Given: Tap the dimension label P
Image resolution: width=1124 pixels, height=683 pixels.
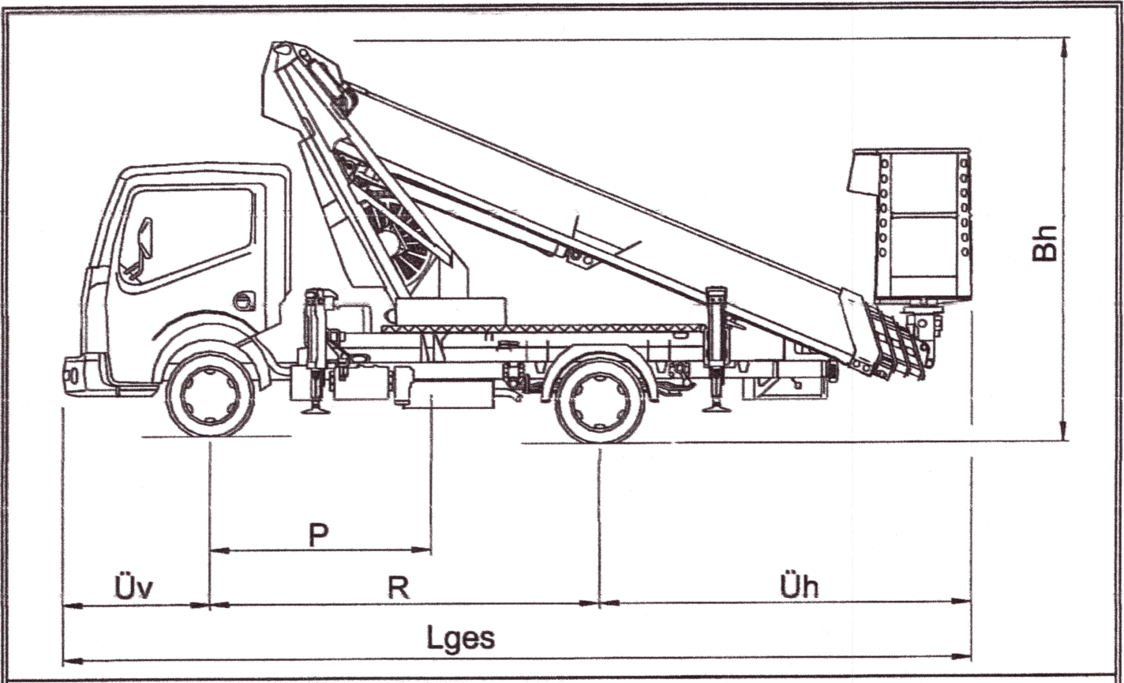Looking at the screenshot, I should pyautogui.click(x=318, y=536).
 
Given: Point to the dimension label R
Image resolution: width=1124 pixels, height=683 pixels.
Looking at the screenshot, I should pyautogui.click(x=399, y=587).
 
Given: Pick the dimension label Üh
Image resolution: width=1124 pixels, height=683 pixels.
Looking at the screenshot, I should pyautogui.click(x=799, y=587).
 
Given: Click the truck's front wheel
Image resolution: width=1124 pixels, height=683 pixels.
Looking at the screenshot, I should pyautogui.click(x=210, y=394).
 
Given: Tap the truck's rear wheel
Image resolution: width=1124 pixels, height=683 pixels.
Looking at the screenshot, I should pyautogui.click(x=601, y=401).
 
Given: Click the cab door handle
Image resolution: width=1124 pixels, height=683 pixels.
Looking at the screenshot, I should pyautogui.click(x=245, y=301).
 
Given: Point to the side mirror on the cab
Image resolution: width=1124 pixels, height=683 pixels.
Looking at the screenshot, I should pyautogui.click(x=145, y=239).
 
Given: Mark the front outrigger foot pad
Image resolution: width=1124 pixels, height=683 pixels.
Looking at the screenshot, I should pyautogui.click(x=316, y=409).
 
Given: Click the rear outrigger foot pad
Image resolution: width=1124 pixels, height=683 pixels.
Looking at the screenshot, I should pyautogui.click(x=717, y=407).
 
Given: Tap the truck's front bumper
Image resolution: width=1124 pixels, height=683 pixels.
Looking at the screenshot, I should pyautogui.click(x=79, y=376).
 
